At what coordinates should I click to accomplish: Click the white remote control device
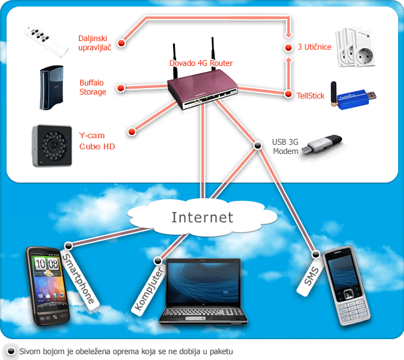coord(46,40)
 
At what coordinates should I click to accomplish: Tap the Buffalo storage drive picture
coord(52,87)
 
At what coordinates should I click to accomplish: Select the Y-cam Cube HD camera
coord(52,145)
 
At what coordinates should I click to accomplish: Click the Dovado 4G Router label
coord(201,63)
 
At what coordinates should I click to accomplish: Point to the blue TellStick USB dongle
coord(353,95)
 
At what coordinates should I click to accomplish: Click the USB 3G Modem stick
coord(322,144)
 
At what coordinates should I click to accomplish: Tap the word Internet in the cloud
coord(202,217)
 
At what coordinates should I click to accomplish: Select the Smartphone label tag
coord(80,278)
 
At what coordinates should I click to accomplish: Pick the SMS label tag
coord(311,277)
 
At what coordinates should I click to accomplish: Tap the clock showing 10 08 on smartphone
coord(46,264)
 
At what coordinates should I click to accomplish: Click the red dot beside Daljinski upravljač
coord(121,42)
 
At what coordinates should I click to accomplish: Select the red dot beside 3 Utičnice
coord(288,48)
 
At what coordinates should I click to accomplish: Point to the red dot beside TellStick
coord(288,94)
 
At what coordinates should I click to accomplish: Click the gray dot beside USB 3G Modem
coord(257,145)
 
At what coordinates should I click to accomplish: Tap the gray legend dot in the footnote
coord(11,352)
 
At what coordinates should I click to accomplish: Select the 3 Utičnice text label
coord(315,47)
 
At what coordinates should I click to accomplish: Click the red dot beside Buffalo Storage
coord(121,88)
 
